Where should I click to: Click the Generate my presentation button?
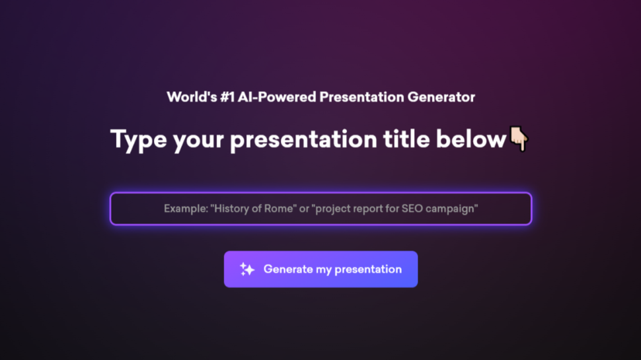(320, 269)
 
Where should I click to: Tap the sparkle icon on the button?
(247, 269)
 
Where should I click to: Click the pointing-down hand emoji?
(519, 139)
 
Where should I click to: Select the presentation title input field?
(321, 208)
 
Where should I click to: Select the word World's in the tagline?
(192, 97)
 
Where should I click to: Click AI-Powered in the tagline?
(277, 97)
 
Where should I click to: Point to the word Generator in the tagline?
(441, 97)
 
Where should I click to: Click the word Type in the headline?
(139, 140)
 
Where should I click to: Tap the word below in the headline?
(471, 139)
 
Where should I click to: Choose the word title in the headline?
(406, 139)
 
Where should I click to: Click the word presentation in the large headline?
(303, 140)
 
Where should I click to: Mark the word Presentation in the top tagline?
(361, 97)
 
